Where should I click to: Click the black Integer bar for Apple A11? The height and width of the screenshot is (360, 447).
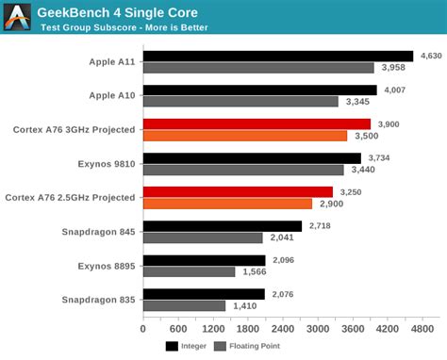point(278,57)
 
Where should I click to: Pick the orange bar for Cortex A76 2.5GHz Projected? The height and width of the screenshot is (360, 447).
point(227,204)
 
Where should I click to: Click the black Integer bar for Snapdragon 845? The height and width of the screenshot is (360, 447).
point(223,226)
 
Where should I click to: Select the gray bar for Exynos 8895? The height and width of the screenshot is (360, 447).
point(189,271)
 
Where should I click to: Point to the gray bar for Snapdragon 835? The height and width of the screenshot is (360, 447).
point(184,305)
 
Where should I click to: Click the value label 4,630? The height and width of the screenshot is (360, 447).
point(430,57)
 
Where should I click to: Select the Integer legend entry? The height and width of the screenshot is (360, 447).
point(189,346)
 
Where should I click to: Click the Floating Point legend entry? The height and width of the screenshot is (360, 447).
point(247,346)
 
